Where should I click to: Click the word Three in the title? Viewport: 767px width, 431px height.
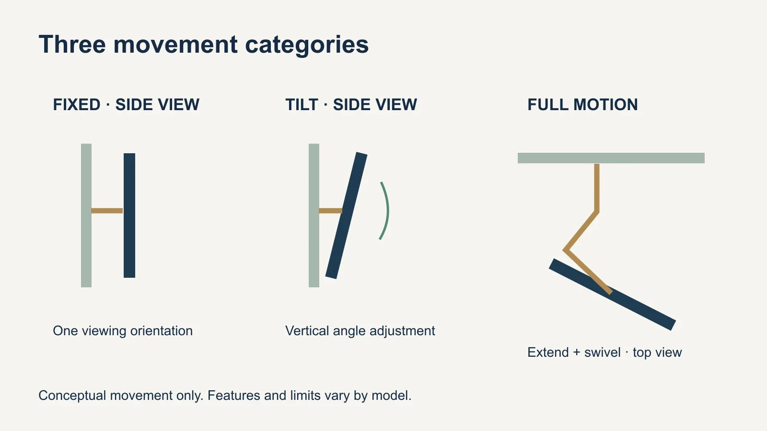click(x=72, y=45)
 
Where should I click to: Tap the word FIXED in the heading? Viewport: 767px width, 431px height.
click(x=76, y=105)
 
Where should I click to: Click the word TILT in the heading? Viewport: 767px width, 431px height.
click(x=302, y=105)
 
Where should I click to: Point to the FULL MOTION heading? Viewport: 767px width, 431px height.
click(x=582, y=105)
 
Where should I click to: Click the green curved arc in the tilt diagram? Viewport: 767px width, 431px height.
click(x=388, y=210)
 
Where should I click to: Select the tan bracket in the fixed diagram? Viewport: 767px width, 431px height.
click(x=107, y=211)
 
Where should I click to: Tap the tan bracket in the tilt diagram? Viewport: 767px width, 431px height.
click(x=330, y=211)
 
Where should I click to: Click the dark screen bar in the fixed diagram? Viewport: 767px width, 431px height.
click(x=129, y=215)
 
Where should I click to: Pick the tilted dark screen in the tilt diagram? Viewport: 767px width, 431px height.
click(x=346, y=215)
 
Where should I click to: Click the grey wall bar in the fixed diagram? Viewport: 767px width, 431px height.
click(x=86, y=215)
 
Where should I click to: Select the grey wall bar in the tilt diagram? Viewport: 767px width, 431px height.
click(x=314, y=215)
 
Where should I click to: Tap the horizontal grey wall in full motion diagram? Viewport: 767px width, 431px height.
click(x=611, y=158)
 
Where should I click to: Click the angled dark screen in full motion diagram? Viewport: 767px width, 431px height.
click(x=612, y=295)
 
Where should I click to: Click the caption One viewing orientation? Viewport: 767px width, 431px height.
click(x=123, y=331)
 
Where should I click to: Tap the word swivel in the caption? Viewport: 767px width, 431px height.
click(x=602, y=352)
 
